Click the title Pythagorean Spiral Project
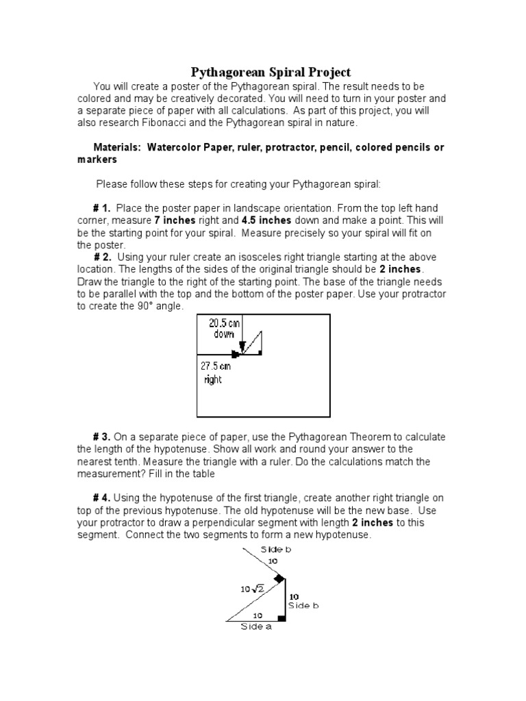pyautogui.click(x=270, y=72)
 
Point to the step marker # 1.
pyautogui.click(x=101, y=208)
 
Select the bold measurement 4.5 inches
pyautogui.click(x=266, y=220)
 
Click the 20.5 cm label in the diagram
pyautogui.click(x=225, y=323)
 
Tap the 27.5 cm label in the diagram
pyautogui.click(x=216, y=366)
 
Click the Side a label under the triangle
pyautogui.click(x=255, y=626)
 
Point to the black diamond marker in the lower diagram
pyautogui.click(x=279, y=578)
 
